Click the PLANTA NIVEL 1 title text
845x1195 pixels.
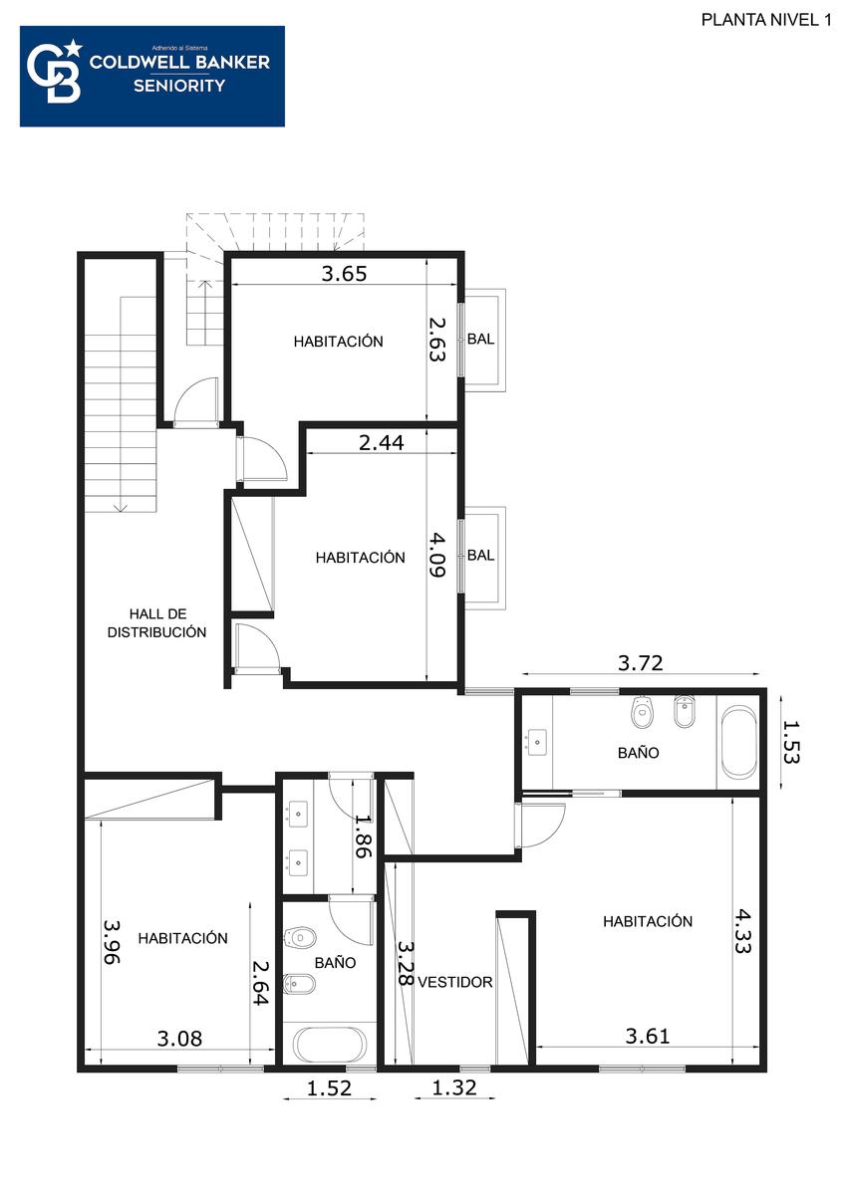(x=766, y=20)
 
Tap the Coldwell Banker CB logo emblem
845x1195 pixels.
(x=55, y=73)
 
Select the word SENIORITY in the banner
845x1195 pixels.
(x=179, y=86)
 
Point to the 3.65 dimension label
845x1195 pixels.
(x=344, y=274)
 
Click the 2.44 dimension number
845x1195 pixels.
(x=381, y=443)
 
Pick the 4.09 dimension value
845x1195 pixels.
(x=437, y=555)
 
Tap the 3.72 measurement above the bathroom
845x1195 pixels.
(x=640, y=663)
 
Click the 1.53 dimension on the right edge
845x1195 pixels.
(x=791, y=742)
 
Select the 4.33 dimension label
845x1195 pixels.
(x=742, y=931)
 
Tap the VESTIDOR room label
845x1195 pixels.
(x=454, y=982)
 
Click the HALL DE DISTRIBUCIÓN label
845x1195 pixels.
(x=156, y=623)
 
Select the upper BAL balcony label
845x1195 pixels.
(x=480, y=340)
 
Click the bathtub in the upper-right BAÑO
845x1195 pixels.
(x=738, y=743)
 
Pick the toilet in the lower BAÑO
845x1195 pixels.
(x=300, y=938)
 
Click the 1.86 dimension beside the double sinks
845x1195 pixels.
(x=364, y=836)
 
